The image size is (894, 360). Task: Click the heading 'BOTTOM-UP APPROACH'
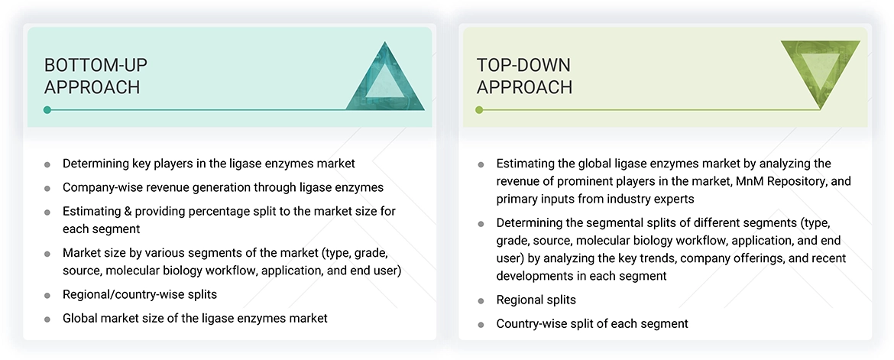click(x=96, y=76)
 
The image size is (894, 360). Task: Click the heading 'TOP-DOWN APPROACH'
click(x=524, y=76)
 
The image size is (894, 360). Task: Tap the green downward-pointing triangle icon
click(x=821, y=71)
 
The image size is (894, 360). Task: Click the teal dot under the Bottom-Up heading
click(x=47, y=109)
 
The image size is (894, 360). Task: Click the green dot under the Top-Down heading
click(x=480, y=109)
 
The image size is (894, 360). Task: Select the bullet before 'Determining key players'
click(x=47, y=164)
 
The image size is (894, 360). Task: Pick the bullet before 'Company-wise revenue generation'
click(x=47, y=188)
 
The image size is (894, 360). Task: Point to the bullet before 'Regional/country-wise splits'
click(x=47, y=295)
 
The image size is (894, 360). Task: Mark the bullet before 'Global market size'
click(x=47, y=319)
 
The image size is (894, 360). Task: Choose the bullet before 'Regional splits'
click(x=481, y=300)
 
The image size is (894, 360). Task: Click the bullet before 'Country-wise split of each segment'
click(x=481, y=325)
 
